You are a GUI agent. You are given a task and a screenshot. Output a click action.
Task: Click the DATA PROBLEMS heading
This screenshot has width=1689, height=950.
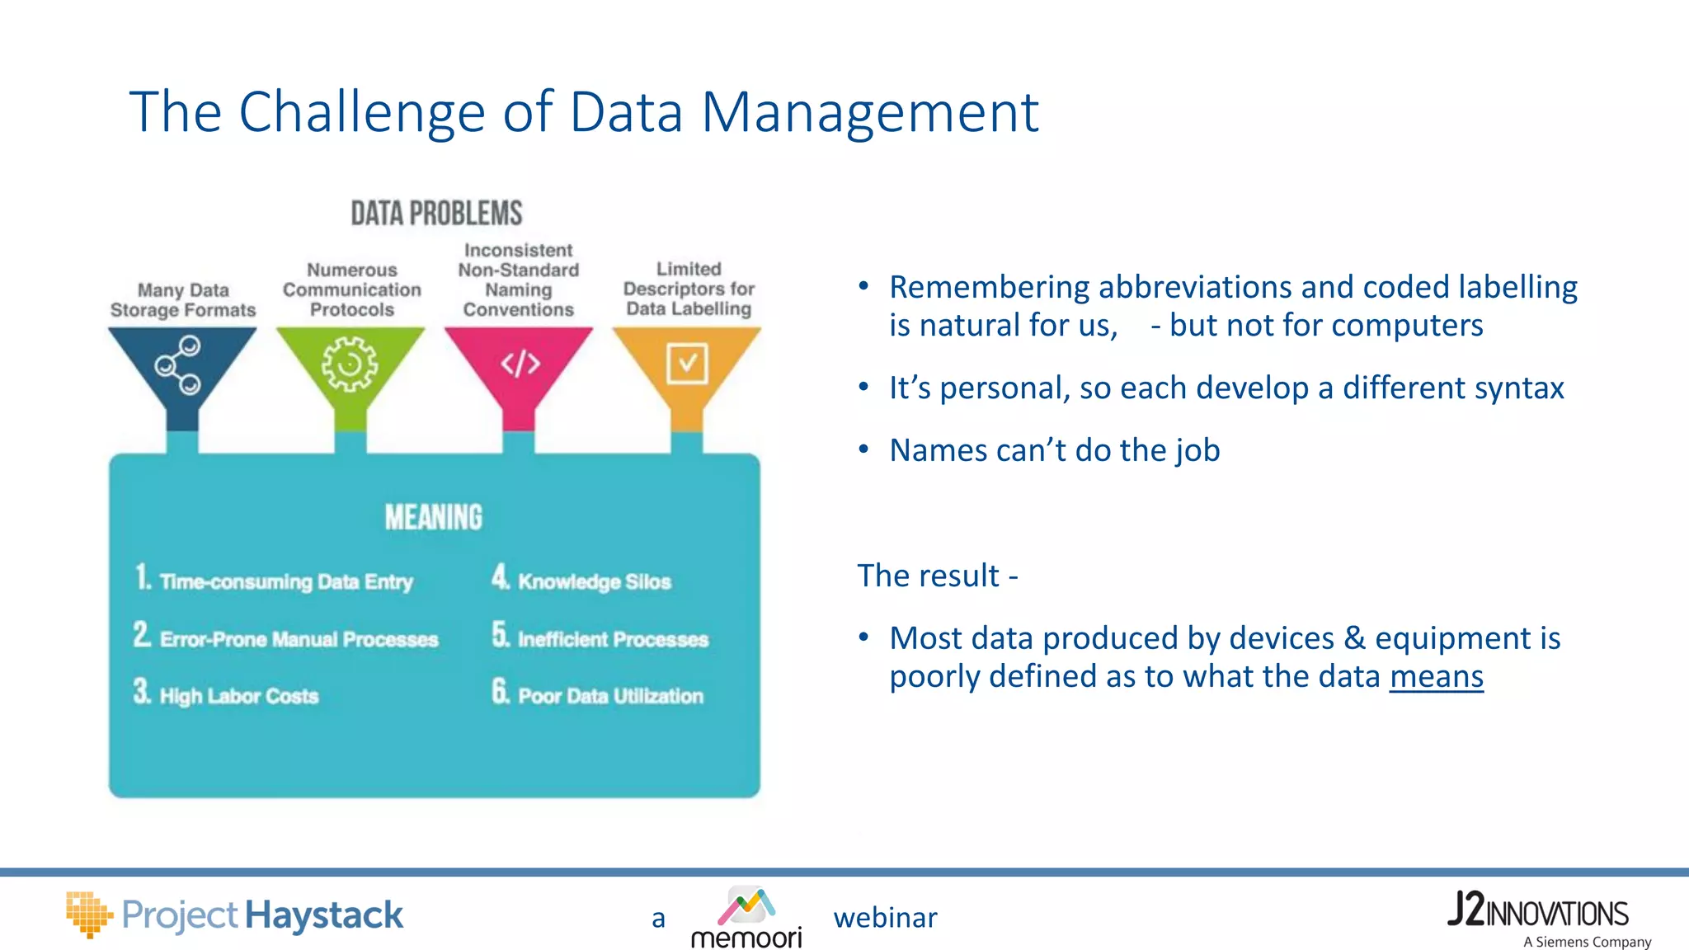[436, 214]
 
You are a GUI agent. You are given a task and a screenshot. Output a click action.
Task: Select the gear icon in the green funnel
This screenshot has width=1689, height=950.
[350, 364]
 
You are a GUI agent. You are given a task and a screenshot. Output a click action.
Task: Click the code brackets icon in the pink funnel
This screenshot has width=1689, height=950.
[520, 363]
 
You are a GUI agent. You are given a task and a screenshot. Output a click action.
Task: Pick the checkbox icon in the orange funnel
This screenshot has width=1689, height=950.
[687, 363]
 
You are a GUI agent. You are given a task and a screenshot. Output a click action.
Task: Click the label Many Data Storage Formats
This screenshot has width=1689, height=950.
[183, 300]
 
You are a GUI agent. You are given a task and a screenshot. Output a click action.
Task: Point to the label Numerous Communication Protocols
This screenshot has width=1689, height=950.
[352, 289]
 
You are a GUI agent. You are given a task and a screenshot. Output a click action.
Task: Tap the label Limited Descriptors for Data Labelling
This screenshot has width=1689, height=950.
[689, 289]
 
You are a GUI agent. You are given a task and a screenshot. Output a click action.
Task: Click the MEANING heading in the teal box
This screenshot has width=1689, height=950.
[434, 518]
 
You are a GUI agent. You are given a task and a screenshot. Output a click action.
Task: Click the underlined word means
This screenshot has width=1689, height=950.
[1436, 676]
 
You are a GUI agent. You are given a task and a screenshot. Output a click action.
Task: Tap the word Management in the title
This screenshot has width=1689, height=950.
[869, 112]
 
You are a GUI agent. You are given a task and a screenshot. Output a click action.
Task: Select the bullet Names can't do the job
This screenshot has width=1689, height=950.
[1054, 450]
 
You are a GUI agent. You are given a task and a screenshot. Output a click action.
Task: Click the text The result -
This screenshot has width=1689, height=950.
[938, 576]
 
